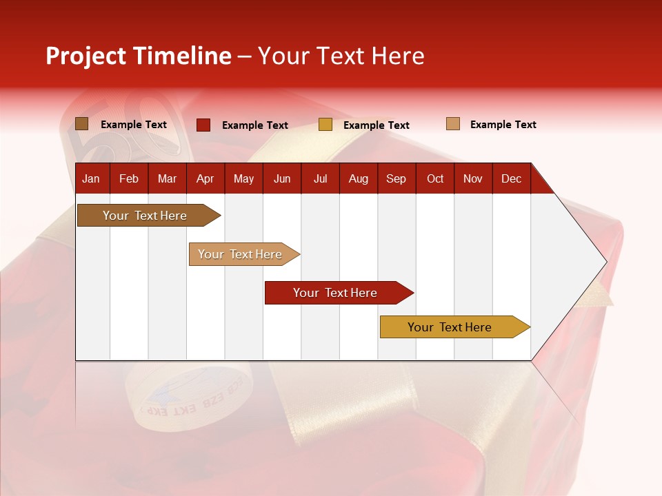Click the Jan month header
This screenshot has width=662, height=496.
point(91,178)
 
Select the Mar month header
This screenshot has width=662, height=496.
point(167,178)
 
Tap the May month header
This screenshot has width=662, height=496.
point(243,178)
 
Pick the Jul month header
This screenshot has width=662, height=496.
point(320,178)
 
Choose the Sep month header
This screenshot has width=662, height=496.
point(396,178)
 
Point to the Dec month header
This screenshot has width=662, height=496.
point(511,178)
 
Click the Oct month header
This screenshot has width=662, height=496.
point(435,178)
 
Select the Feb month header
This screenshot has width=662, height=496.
point(129,178)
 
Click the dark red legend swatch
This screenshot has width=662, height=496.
point(203,125)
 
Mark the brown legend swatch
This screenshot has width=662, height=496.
point(82,124)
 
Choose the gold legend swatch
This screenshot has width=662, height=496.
point(325,125)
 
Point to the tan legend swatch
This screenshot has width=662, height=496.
point(453,124)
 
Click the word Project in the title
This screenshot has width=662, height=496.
point(86,56)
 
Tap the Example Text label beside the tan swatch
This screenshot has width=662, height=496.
point(503,125)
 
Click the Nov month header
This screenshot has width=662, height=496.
point(473,178)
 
